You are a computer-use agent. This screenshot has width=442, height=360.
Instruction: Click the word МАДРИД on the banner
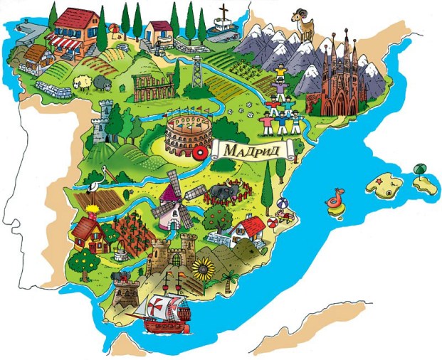[253, 151]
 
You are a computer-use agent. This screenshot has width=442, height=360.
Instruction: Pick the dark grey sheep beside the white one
[97, 84]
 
